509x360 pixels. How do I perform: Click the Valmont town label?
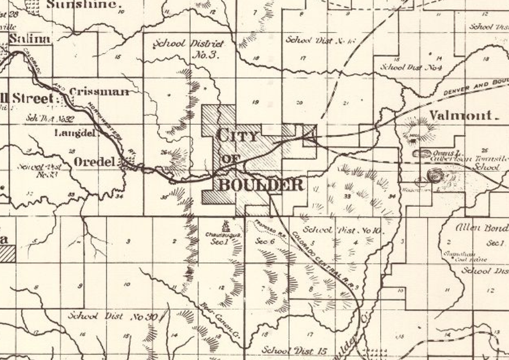coord(461,115)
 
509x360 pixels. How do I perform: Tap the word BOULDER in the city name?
coord(261,185)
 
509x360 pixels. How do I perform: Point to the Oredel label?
coord(95,161)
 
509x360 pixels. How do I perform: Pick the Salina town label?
coord(27,38)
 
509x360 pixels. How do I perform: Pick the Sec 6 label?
coord(264,241)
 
